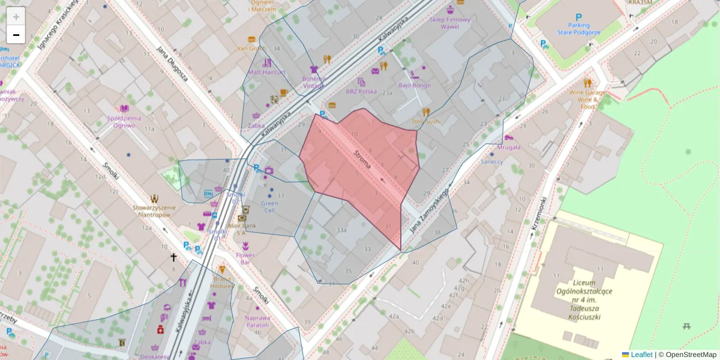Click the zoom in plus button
16,16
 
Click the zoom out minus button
16,35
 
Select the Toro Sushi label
427,121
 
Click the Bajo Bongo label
415,85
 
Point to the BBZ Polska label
361,91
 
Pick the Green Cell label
270,207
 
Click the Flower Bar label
245,259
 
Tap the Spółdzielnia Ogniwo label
124,122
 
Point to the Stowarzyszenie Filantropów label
155,211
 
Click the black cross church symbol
174,257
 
